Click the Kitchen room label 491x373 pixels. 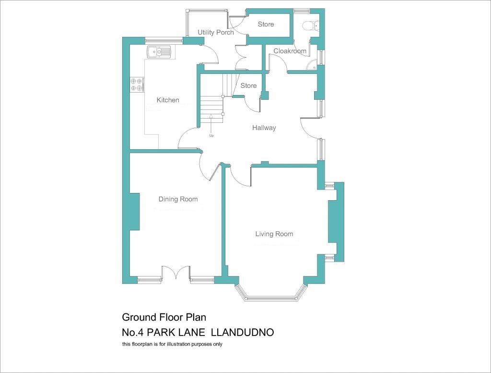point(168,100)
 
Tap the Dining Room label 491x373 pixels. point(178,199)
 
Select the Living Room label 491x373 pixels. point(274,234)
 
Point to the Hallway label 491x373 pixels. point(264,128)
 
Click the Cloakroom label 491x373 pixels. point(290,51)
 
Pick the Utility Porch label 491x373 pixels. point(216,32)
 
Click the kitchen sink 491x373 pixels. point(158,51)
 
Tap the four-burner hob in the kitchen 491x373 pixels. point(137,84)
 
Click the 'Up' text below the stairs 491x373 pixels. point(211,135)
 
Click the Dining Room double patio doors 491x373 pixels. point(176,273)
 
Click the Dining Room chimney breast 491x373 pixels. point(134,211)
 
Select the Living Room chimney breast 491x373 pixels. point(333,222)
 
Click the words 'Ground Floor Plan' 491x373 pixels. point(164,317)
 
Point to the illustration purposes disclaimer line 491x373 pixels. point(172,344)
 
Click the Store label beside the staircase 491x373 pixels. point(248,85)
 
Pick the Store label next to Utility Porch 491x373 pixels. point(266,24)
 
